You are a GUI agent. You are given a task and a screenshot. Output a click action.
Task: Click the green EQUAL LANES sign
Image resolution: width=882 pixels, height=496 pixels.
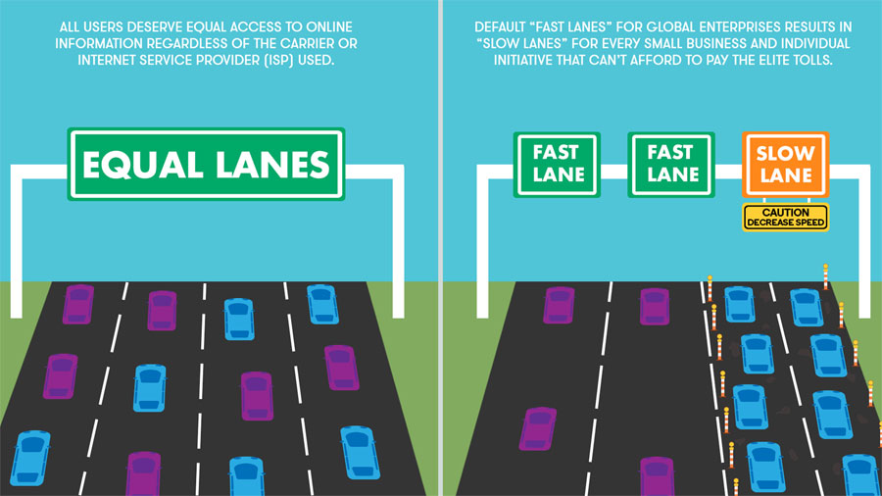[x=206, y=164]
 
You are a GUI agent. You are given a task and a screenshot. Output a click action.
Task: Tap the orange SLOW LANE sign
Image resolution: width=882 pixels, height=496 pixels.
[x=785, y=165]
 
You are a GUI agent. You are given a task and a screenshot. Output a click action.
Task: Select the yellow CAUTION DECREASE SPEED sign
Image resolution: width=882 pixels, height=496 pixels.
[x=785, y=217]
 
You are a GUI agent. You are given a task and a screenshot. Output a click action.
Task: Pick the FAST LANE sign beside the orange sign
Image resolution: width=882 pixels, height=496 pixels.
[x=672, y=164]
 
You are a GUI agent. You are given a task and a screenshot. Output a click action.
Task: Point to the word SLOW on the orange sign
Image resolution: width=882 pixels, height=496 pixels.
[x=785, y=154]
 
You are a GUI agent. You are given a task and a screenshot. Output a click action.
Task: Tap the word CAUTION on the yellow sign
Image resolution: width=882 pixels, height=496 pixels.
[x=785, y=211]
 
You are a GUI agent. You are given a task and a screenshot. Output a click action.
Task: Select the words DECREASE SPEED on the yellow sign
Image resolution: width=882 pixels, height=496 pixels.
[x=785, y=223]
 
